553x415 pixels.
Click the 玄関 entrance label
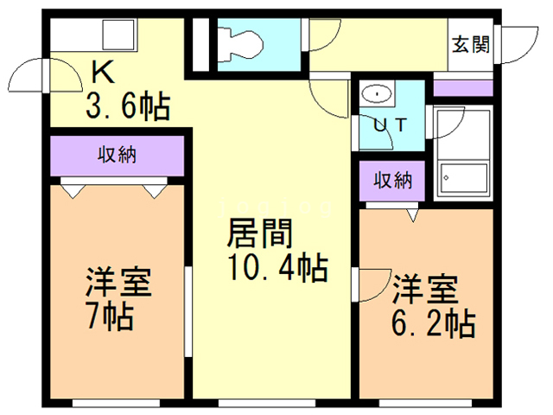[x=471, y=45]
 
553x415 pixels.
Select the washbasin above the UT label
[x=377, y=94]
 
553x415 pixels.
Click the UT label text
[x=391, y=124]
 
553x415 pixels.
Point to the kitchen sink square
[x=118, y=35]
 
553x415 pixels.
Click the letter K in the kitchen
[x=104, y=72]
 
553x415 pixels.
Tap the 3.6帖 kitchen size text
[x=128, y=106]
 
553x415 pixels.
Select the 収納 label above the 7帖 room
[x=117, y=155]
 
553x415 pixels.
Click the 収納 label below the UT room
[x=392, y=181]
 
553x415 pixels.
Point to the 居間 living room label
[x=260, y=233]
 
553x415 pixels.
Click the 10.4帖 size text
[x=278, y=268]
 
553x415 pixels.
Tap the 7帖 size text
[x=111, y=316]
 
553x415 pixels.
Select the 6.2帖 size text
[x=434, y=324]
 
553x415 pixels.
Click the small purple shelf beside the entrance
[x=463, y=88]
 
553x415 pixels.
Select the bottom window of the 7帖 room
[x=116, y=403]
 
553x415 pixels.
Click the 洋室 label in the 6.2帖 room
[x=426, y=290]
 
